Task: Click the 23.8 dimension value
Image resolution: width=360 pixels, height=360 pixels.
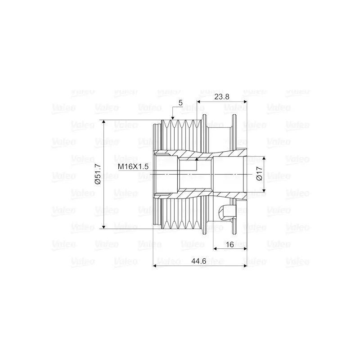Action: pyautogui.click(x=221, y=97)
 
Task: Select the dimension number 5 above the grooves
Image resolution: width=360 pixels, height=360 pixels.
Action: pyautogui.click(x=180, y=103)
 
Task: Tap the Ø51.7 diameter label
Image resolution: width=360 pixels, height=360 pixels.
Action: pyautogui.click(x=98, y=174)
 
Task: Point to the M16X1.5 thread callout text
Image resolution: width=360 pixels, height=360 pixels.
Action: pyautogui.click(x=133, y=166)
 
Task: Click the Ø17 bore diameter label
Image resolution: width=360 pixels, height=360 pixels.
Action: pyautogui.click(x=259, y=174)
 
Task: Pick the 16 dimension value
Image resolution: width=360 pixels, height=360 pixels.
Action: pyautogui.click(x=230, y=244)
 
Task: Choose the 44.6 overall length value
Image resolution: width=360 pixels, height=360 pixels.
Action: pyautogui.click(x=199, y=261)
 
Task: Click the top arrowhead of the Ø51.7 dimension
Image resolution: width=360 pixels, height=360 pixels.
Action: pyautogui.click(x=103, y=121)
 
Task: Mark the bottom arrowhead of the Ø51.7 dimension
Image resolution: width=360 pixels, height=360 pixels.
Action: pyautogui.click(x=103, y=227)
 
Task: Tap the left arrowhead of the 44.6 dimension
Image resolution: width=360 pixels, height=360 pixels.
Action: pyautogui.click(x=155, y=266)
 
